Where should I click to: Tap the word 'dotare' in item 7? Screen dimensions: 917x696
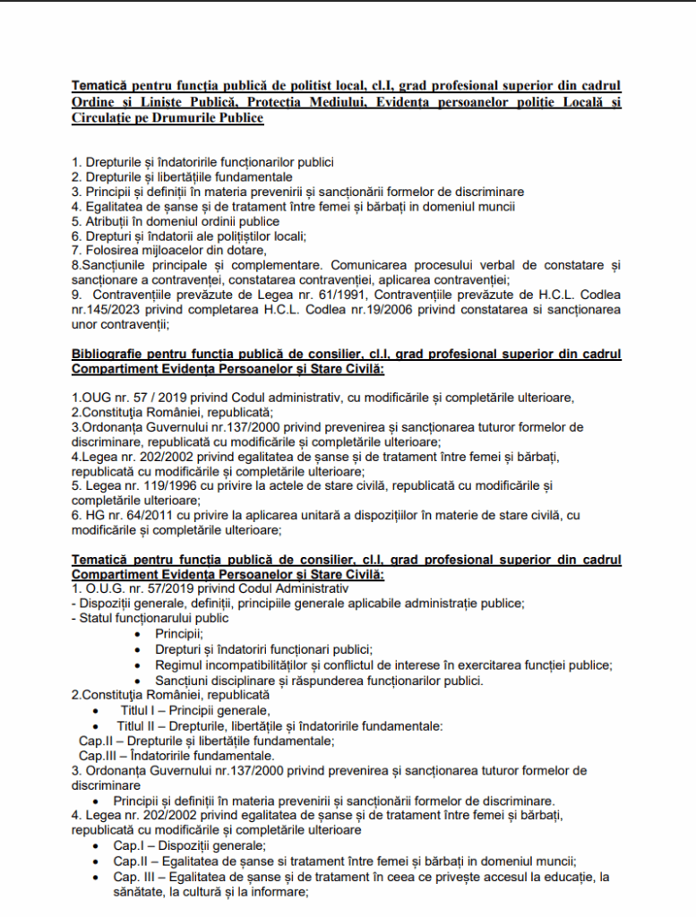coord(245,251)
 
